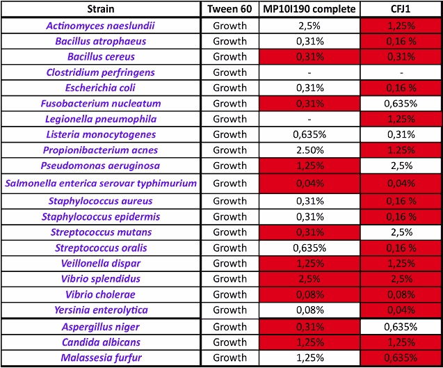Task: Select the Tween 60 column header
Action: coord(229,9)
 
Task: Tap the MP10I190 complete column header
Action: coord(307,9)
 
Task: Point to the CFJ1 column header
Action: coord(403,9)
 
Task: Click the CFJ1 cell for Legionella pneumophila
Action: coord(403,119)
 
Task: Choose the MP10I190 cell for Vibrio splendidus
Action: coord(307,278)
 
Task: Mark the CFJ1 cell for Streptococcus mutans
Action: coord(403,232)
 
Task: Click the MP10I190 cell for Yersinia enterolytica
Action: coord(307,310)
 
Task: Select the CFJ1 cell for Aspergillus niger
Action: coord(403,327)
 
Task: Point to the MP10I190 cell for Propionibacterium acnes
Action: coord(307,150)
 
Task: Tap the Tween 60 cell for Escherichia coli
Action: coord(229,88)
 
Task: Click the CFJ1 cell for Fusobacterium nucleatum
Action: coord(403,104)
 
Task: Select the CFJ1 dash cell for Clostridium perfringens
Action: coord(403,72)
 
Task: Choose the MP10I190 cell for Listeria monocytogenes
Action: coord(307,134)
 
